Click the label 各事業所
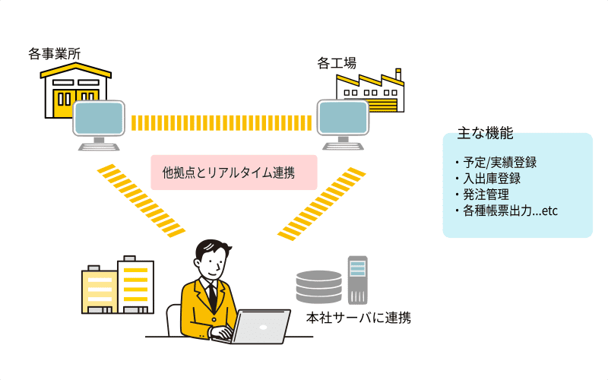tap(55, 54)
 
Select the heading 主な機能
tap(485, 134)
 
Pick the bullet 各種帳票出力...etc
tap(508, 211)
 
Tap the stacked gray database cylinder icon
tap(318, 287)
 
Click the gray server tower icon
tap(358, 280)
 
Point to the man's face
tap(212, 262)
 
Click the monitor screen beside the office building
tap(99, 119)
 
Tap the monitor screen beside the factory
tap(343, 117)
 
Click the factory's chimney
tap(397, 75)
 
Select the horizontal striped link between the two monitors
tap(222, 122)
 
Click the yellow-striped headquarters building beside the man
tap(136, 285)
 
